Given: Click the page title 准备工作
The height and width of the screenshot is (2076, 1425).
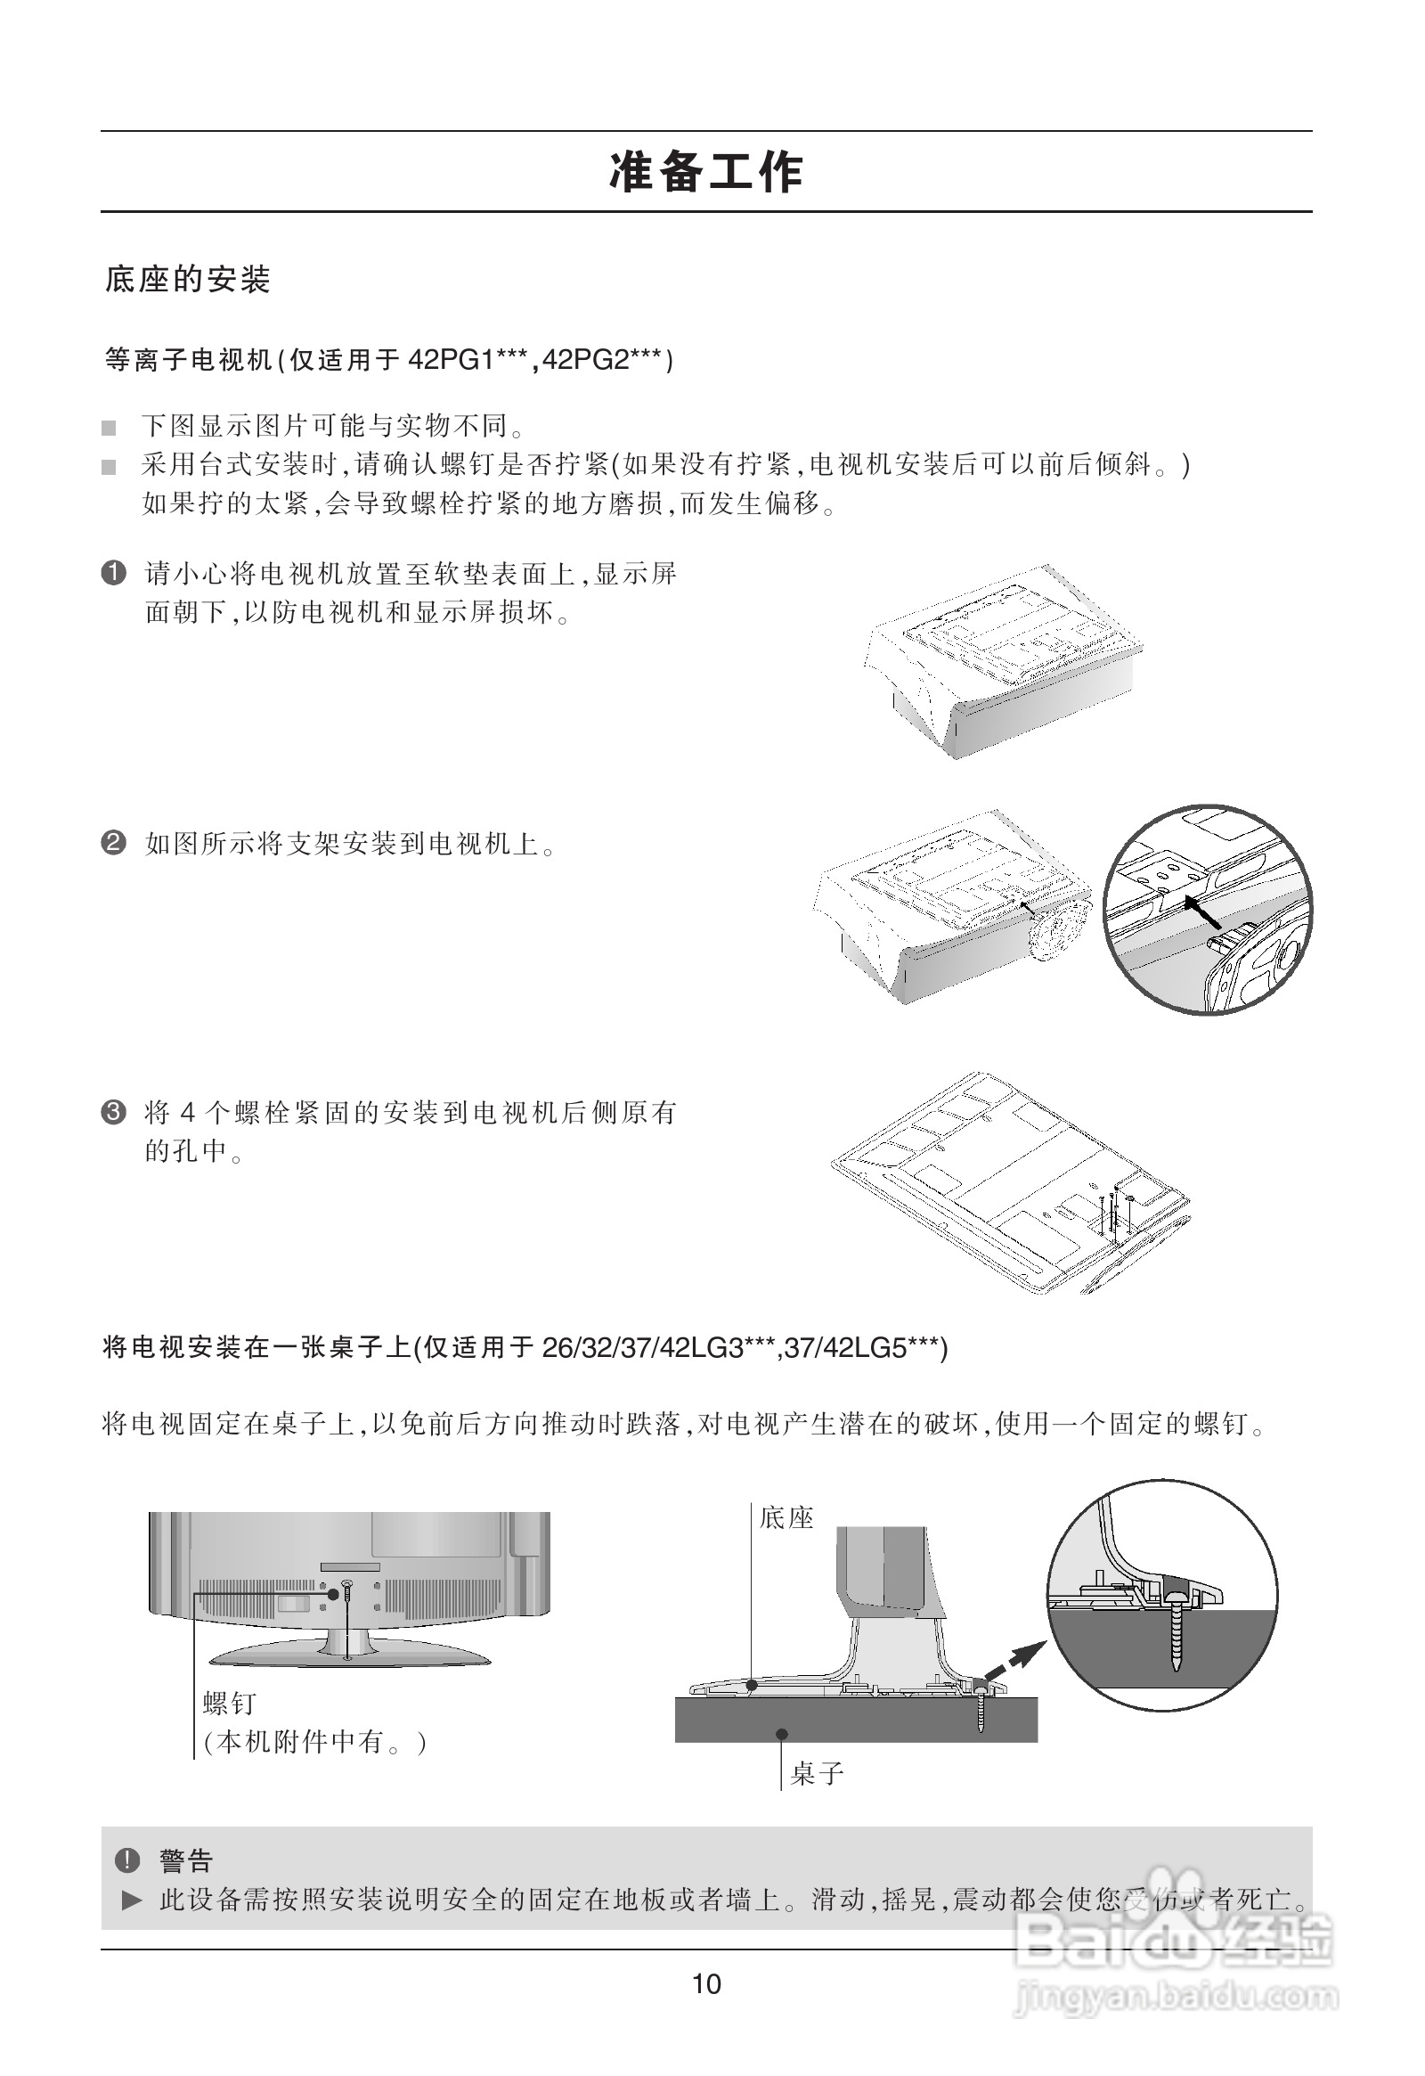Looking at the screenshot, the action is pos(706,172).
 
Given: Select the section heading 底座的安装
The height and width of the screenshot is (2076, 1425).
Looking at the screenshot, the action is pos(188,280).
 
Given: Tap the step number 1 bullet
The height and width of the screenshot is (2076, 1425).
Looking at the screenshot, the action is pos(114,573).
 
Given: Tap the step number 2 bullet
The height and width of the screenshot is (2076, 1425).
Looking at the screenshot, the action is pos(114,842).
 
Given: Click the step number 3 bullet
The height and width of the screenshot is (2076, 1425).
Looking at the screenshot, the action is pos(114,1112).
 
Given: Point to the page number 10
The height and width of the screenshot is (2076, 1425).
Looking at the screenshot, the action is pos(706,1984).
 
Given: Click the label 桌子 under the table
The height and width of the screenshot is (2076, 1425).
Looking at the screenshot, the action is pos(817,1772).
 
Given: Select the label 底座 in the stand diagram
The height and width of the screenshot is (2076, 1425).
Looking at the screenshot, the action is pos(786,1516).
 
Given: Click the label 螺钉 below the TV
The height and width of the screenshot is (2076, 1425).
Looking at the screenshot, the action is pos(231,1703).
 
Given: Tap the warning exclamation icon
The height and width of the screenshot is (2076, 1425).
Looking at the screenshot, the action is pos(127,1859).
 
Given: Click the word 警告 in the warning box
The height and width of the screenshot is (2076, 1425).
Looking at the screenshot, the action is pos(187,1860).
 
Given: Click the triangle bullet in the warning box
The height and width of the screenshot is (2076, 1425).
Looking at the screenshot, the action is pos(132,1900).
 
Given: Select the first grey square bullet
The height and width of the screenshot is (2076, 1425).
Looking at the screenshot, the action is pos(109,428).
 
